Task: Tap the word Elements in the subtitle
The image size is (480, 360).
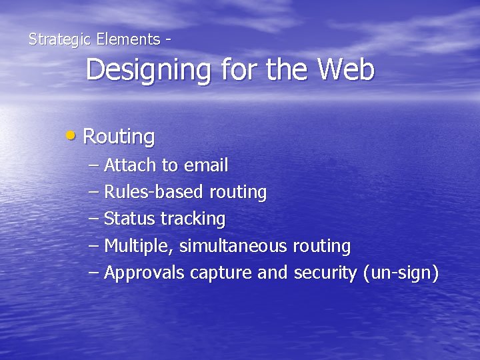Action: click(128, 39)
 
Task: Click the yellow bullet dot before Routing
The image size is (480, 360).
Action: click(71, 135)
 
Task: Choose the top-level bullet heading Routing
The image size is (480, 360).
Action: click(119, 137)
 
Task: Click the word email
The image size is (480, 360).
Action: click(206, 165)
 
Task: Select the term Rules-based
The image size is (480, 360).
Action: click(154, 192)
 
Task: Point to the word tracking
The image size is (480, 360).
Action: click(193, 219)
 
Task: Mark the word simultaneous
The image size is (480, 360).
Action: click(233, 246)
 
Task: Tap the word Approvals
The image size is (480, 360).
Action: click(145, 273)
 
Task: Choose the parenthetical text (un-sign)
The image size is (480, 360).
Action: click(401, 273)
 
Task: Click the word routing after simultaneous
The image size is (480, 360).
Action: click(321, 247)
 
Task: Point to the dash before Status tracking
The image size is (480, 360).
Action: click(93, 219)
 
